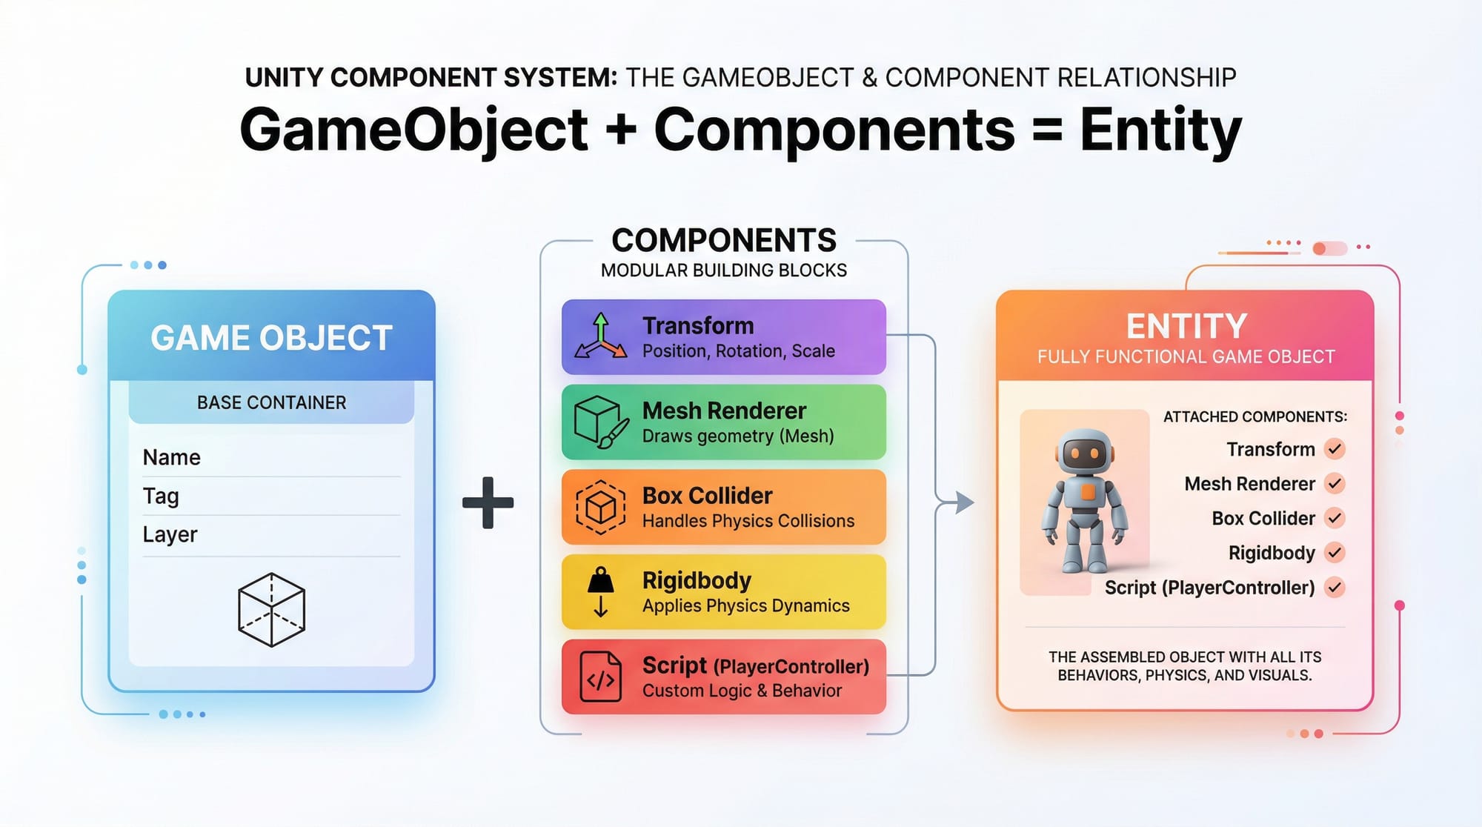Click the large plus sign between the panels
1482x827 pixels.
coord(488,502)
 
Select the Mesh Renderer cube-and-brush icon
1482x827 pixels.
coord(601,422)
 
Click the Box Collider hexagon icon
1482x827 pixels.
coord(600,507)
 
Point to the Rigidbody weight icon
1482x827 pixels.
coord(601,591)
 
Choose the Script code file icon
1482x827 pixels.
coord(600,677)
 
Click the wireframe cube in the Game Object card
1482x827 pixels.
coord(271,609)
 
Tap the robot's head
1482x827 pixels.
coord(1086,452)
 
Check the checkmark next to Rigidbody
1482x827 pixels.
coord(1335,553)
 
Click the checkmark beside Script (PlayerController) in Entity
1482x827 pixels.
coord(1335,588)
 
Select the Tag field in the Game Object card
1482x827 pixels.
coord(161,496)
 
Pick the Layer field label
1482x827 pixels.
coord(170,534)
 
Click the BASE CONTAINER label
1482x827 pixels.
coord(271,402)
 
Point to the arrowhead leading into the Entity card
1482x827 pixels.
coord(964,502)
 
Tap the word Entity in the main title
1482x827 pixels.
coord(1160,130)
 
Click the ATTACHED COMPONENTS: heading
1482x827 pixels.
coord(1255,417)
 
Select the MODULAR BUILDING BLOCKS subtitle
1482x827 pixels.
coord(724,270)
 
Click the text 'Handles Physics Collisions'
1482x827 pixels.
coord(748,521)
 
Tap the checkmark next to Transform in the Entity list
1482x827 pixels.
coord(1335,449)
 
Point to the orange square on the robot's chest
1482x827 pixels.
coord(1087,491)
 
